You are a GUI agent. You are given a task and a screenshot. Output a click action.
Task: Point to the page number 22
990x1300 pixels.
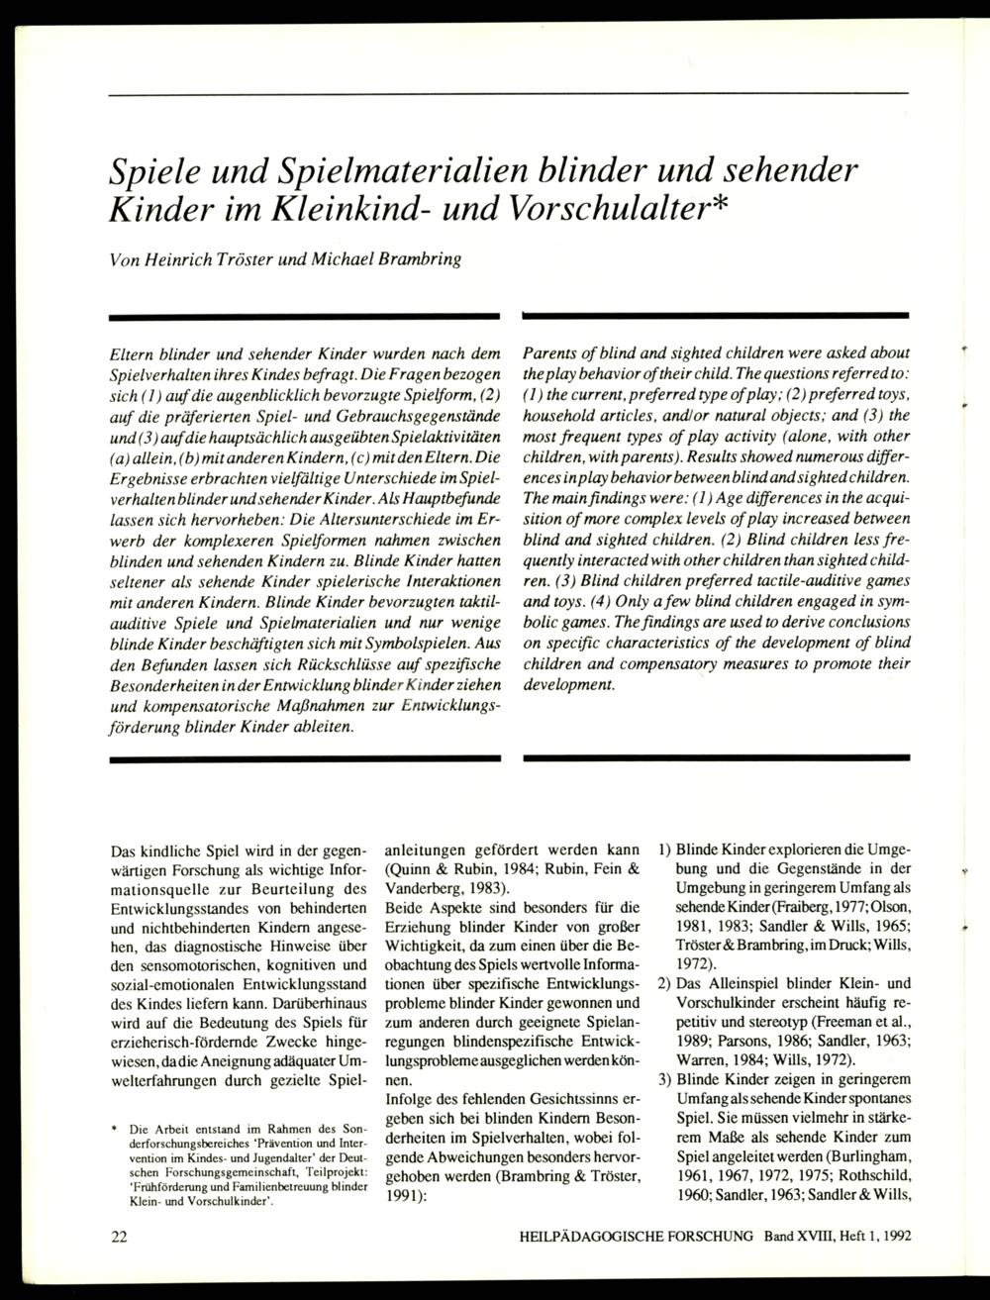coord(119,1238)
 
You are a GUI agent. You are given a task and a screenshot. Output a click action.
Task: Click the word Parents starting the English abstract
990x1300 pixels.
coord(550,353)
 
